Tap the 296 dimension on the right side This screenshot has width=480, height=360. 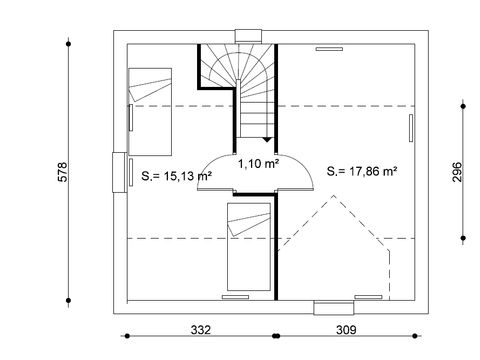(x=455, y=169)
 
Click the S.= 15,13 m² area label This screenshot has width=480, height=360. (x=176, y=176)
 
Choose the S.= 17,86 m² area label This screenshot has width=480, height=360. (x=362, y=171)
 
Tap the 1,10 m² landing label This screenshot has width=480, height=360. (x=256, y=159)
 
